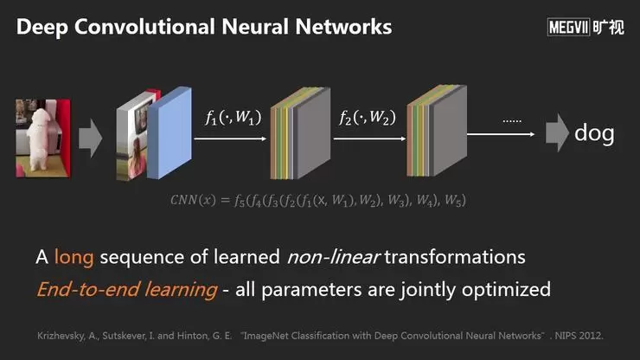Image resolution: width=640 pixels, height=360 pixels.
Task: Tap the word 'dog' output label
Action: [x=594, y=133]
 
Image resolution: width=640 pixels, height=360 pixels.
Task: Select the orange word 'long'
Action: [x=74, y=257]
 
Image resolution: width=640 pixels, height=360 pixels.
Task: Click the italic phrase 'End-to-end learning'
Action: [x=126, y=288]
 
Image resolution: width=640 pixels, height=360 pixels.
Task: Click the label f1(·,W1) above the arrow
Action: [x=234, y=119]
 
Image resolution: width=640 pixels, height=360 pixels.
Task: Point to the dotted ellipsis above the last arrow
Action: [x=512, y=120]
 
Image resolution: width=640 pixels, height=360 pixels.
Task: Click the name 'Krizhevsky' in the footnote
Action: [x=61, y=333]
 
